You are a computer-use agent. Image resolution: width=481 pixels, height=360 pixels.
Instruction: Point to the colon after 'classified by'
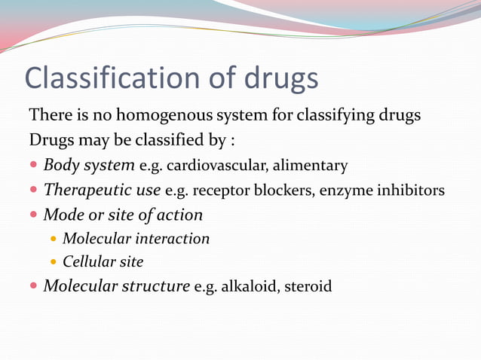click(242, 141)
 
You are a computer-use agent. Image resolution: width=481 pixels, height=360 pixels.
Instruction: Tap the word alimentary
click(311, 166)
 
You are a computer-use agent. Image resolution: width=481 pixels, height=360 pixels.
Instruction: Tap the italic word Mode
click(63, 215)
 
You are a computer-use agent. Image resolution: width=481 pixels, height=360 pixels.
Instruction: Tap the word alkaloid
click(248, 287)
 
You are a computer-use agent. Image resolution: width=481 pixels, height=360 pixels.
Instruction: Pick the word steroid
click(308, 287)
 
